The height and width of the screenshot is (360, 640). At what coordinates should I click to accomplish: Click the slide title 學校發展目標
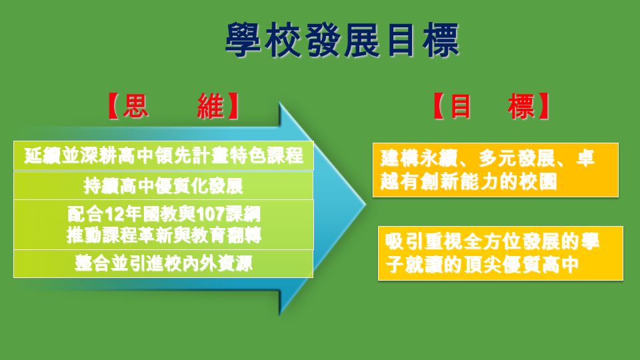click(342, 40)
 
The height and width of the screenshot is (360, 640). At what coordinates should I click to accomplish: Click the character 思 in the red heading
click(135, 106)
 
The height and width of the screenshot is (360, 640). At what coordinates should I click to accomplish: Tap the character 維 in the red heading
click(211, 106)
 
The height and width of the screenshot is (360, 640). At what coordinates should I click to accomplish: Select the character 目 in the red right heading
click(461, 106)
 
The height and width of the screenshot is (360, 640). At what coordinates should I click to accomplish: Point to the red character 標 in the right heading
click(521, 106)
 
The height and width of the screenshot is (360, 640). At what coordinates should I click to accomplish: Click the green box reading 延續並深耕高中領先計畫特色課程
click(163, 155)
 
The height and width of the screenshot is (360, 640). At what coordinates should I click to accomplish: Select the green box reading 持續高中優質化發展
click(163, 186)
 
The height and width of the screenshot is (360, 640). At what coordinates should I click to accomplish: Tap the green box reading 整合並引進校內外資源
click(163, 264)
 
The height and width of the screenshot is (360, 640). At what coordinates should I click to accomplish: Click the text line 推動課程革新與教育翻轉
click(164, 235)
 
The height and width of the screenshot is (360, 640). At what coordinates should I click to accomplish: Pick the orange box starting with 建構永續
click(495, 170)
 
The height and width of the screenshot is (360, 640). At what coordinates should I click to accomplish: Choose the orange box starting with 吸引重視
click(501, 253)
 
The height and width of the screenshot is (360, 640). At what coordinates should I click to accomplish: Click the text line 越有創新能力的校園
click(469, 181)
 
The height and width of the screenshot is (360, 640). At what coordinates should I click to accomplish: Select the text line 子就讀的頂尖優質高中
click(482, 265)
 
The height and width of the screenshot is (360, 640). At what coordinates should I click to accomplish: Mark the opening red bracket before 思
click(113, 106)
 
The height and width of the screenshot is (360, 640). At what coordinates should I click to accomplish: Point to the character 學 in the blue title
click(243, 40)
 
